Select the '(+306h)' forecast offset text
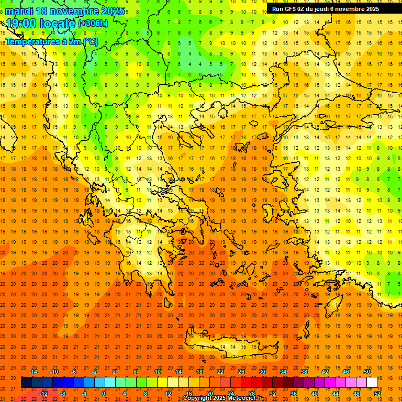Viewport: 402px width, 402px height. [x=93, y=24]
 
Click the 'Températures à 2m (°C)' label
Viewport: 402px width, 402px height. [x=52, y=41]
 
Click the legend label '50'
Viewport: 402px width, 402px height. [x=366, y=372]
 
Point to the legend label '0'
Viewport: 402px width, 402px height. [x=104, y=394]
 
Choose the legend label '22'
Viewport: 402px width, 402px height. [x=220, y=372]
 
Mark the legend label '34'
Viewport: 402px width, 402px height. [x=283, y=372]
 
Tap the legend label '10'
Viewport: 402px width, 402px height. [x=157, y=372]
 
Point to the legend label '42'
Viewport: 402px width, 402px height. [x=325, y=372]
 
